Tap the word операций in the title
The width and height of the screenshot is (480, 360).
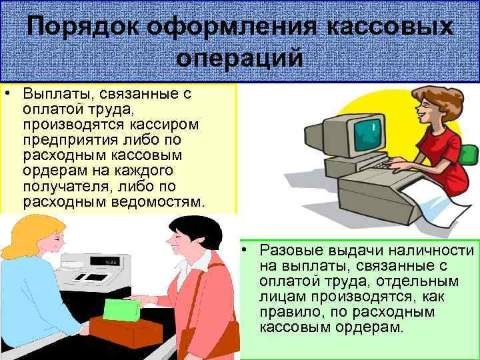240,58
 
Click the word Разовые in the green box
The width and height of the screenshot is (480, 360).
291,251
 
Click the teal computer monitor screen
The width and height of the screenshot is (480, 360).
367,131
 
